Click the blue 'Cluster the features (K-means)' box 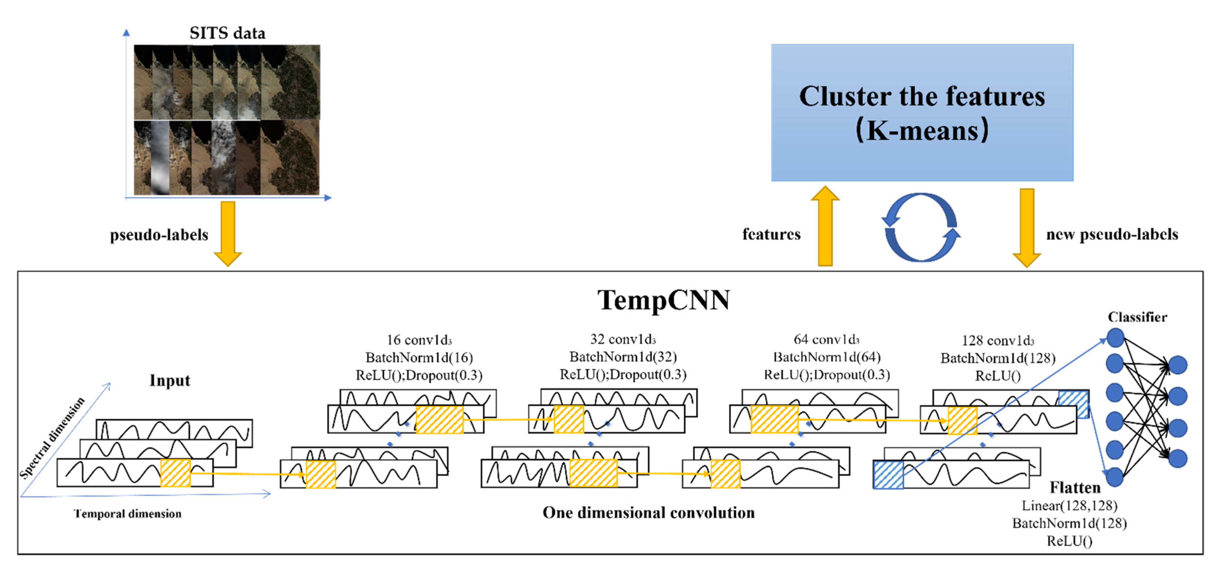922,112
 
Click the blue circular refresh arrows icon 921,227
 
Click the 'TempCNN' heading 663,300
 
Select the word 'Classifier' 1137,317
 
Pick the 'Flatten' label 1075,487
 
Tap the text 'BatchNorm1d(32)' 623,357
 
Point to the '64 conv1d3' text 826,340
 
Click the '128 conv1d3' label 998,341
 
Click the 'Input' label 170,380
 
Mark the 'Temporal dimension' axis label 128,513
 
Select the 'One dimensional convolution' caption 648,513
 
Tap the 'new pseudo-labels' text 1112,234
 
